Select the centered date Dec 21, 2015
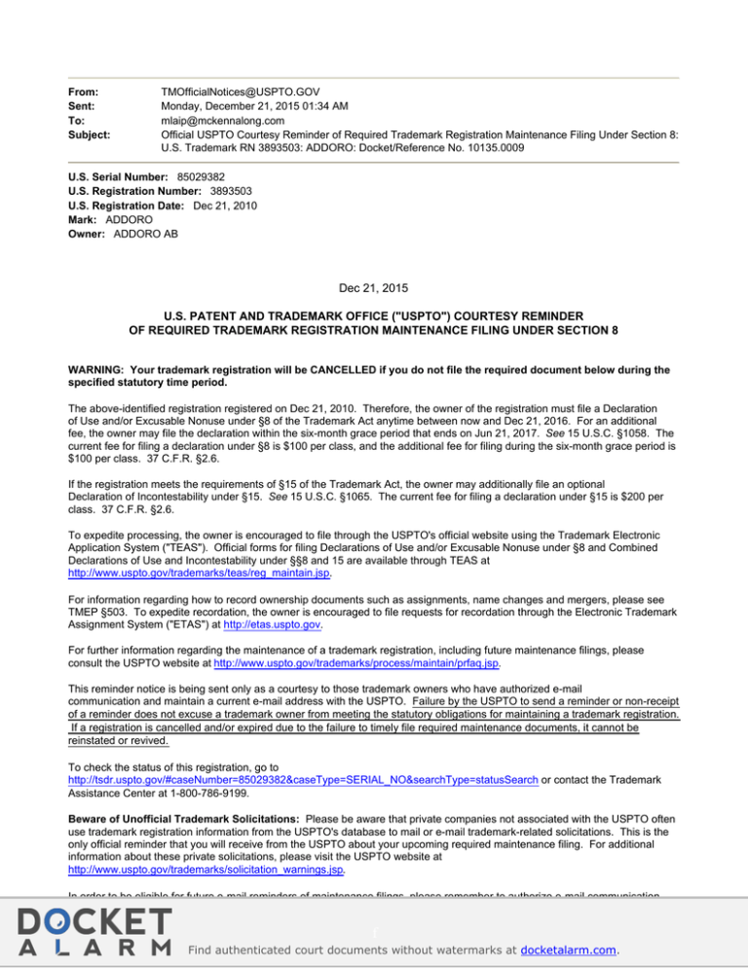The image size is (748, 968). [374, 288]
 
